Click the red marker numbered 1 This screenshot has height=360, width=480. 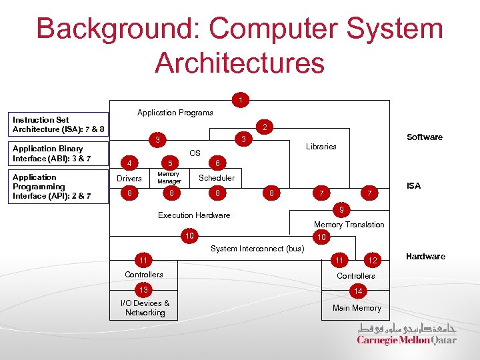point(241,101)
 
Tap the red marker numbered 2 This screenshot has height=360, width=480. point(265,127)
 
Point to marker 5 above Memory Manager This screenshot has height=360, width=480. point(170,163)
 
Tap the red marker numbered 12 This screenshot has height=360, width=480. point(373,260)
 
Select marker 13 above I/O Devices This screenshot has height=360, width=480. point(144,290)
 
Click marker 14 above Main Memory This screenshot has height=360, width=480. point(358,291)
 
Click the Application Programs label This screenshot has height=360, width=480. point(175,113)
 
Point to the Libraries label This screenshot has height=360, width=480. point(321,147)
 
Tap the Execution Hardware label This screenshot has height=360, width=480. point(193,215)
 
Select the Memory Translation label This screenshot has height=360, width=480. point(349,225)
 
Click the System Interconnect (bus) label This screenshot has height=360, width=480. point(257,249)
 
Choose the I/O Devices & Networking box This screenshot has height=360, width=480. point(145,308)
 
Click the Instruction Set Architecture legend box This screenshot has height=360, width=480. point(56,125)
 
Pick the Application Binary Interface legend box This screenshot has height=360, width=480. point(56,153)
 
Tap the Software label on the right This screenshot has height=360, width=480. point(424,137)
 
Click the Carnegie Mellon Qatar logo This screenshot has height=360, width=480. point(407,334)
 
